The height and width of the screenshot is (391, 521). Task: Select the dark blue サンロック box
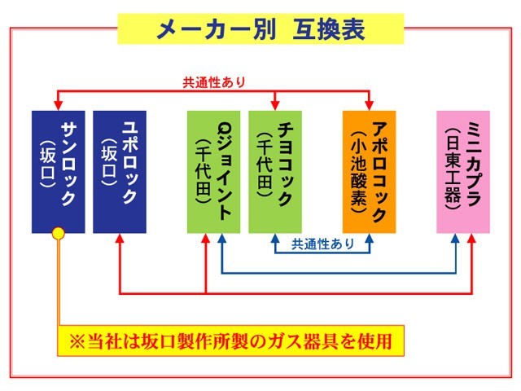tap(58, 171)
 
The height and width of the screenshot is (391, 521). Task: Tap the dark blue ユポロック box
tap(120, 171)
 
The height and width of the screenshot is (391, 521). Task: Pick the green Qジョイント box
tap(213, 171)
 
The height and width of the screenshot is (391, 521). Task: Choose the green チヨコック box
tap(275, 171)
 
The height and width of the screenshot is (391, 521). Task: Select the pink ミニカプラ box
tap(463, 171)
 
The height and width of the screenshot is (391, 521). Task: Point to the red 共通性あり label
tap(213, 82)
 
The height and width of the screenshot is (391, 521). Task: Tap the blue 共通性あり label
tap(323, 244)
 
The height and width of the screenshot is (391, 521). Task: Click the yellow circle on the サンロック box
tap(58, 234)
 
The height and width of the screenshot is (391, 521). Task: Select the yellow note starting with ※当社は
tap(230, 340)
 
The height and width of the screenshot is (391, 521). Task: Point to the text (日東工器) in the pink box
tap(453, 171)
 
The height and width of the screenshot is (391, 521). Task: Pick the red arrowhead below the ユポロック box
tap(120, 239)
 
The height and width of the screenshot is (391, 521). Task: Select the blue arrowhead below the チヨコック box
tap(275, 239)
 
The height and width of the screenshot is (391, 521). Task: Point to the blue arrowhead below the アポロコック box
tap(369, 239)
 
